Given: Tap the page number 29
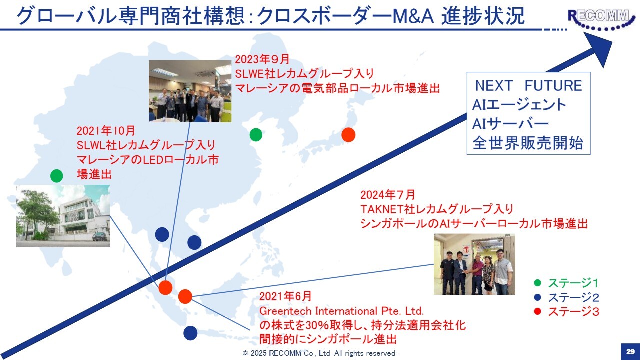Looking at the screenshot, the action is [x=631, y=351].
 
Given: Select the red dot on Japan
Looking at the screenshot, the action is [x=348, y=135].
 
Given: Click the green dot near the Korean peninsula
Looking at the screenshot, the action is [x=256, y=135].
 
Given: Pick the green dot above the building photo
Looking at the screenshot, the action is [x=57, y=176].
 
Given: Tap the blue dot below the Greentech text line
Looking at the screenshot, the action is [x=190, y=333].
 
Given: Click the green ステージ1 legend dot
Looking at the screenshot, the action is [x=537, y=283].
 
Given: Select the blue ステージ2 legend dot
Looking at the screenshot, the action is [x=537, y=297].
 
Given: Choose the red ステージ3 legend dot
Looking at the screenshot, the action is [x=537, y=311].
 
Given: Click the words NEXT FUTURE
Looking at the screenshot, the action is [x=528, y=85].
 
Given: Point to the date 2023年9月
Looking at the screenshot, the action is [x=262, y=59].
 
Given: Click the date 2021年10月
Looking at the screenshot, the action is [x=105, y=131].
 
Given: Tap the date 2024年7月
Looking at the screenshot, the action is [x=387, y=195].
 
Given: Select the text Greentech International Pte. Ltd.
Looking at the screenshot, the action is [x=341, y=311].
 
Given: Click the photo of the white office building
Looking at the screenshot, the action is [x=63, y=216].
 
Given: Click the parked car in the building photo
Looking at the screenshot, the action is [x=101, y=236].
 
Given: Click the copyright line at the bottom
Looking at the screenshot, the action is [x=319, y=353].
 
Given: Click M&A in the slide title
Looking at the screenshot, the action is [x=413, y=17].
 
